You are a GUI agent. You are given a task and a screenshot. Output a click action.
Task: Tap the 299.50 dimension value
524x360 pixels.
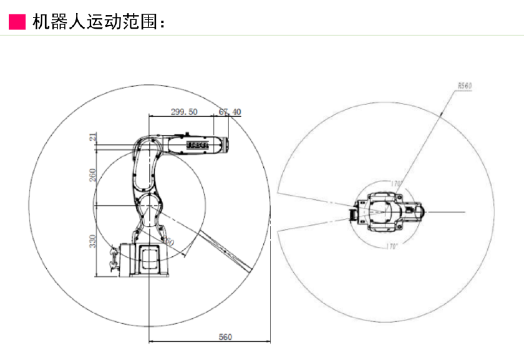tap(184, 112)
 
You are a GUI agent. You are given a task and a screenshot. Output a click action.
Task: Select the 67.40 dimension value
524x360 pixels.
tap(230, 112)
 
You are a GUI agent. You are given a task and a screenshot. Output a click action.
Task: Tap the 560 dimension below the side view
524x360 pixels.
tap(225, 337)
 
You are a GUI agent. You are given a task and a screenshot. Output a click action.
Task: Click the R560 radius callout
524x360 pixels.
tap(464, 87)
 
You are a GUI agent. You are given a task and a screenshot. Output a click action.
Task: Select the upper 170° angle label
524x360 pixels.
tap(395, 183)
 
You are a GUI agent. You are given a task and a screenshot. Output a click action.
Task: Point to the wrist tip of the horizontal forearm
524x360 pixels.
tap(225, 145)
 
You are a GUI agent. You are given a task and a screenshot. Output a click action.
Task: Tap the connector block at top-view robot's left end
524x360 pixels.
tap(353, 213)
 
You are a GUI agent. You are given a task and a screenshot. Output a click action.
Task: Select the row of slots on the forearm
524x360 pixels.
tap(198, 145)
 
